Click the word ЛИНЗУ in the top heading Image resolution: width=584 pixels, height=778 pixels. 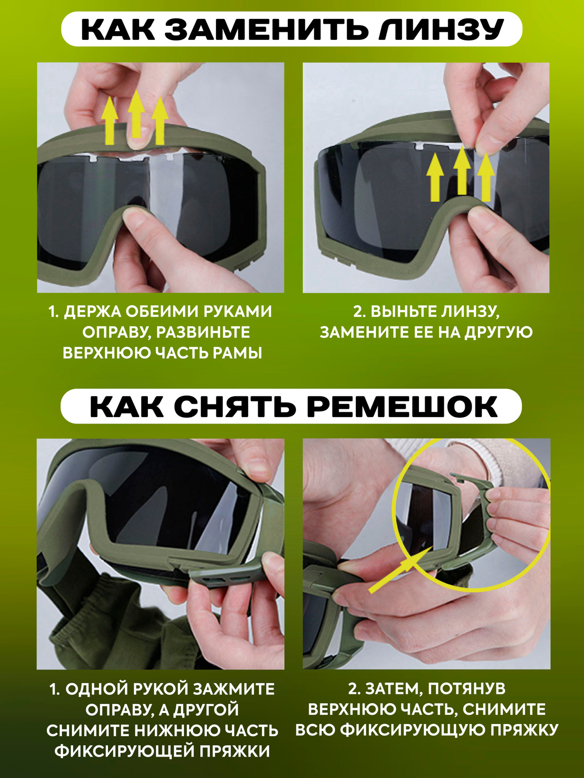440,29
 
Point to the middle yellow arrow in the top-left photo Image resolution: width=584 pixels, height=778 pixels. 136,114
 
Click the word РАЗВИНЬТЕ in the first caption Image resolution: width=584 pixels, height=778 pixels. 203,333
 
